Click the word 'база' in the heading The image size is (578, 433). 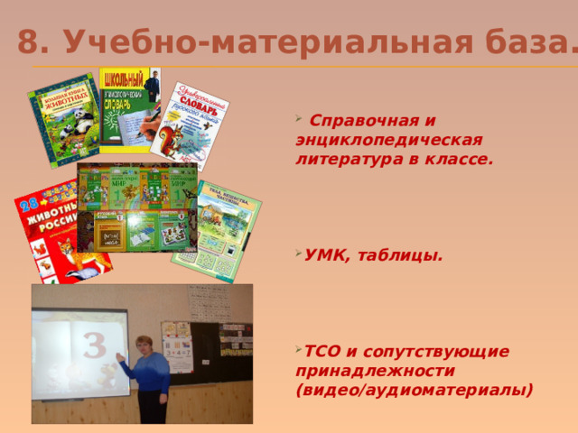527,41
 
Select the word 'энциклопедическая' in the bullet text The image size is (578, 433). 389,140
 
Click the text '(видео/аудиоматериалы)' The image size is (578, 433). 414,390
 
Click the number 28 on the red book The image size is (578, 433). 29,199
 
